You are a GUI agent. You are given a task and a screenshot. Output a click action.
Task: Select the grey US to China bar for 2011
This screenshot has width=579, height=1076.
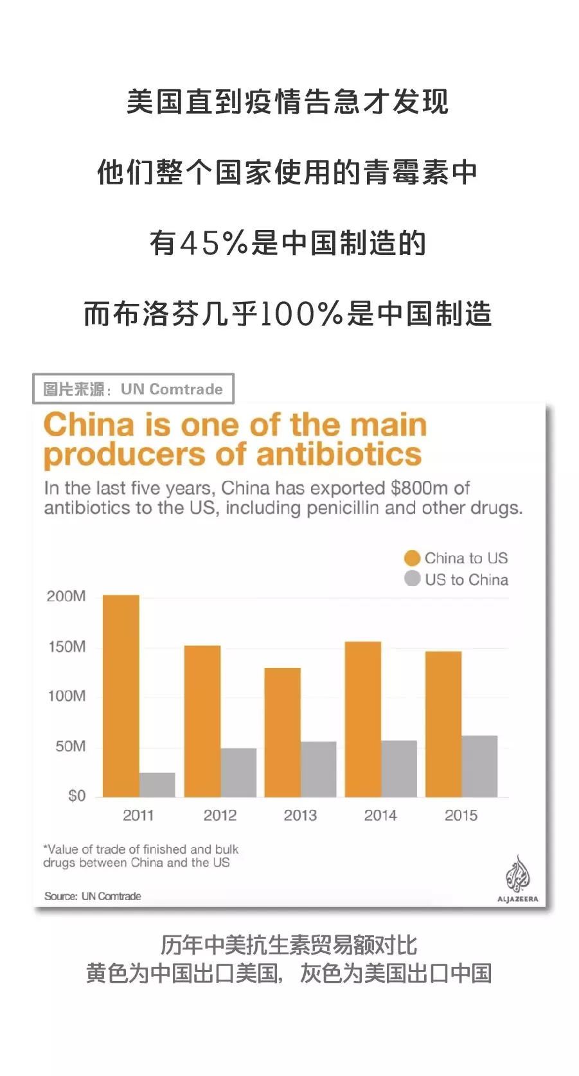click(x=157, y=784)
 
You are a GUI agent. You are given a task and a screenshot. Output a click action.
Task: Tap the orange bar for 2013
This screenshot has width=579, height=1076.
click(x=282, y=732)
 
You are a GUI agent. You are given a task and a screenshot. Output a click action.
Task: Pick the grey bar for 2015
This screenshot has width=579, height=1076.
click(x=479, y=766)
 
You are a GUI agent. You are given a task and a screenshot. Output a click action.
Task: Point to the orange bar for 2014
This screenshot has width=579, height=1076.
click(x=363, y=719)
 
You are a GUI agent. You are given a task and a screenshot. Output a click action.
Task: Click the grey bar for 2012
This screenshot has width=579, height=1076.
click(x=238, y=772)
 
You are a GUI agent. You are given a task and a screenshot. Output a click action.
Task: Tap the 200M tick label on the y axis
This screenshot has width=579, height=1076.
click(x=66, y=596)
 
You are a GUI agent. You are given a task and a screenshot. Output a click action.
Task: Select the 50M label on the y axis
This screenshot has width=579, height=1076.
click(x=70, y=746)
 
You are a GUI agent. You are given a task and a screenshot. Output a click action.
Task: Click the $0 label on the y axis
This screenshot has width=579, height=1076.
click(x=76, y=796)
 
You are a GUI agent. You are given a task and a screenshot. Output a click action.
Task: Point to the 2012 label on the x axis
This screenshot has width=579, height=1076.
click(x=220, y=815)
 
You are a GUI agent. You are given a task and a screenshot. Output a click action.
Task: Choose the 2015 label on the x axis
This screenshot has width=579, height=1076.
click(x=461, y=815)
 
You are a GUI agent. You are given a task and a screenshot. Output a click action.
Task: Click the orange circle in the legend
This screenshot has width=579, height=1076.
click(x=412, y=558)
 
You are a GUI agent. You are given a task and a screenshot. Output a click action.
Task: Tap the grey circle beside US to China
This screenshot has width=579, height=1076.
click(x=412, y=579)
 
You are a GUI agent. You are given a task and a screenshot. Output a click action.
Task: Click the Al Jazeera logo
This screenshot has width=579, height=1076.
click(x=517, y=879)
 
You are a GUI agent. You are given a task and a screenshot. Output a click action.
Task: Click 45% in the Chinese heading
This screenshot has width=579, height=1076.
click(x=214, y=243)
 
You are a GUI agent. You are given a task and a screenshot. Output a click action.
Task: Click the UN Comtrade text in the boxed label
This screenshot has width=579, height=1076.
click(x=172, y=389)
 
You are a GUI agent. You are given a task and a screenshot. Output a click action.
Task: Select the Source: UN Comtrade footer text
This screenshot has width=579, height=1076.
click(x=93, y=896)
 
